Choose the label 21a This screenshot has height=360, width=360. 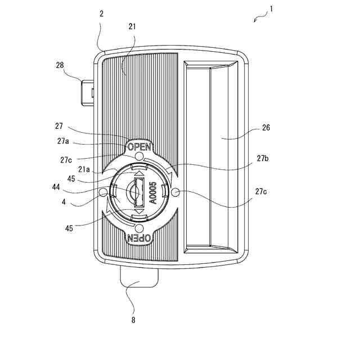84,169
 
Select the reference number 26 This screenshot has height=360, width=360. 266,128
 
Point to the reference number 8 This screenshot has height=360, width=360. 134,320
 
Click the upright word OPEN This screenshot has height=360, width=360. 139,147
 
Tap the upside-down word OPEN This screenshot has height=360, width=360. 138,238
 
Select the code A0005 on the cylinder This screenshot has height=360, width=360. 152,193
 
